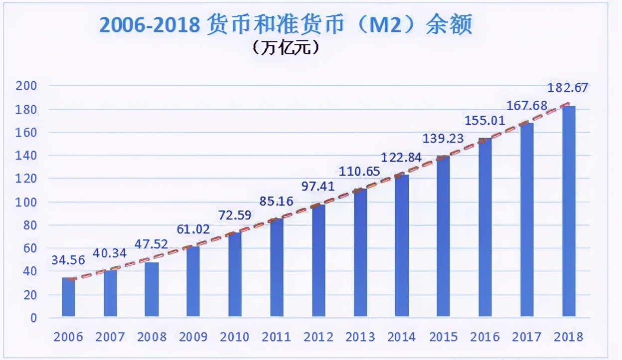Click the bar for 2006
(68, 297)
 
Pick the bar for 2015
(444, 236)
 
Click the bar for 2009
(193, 281)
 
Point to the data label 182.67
(568, 88)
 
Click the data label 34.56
(68, 260)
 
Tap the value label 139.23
(443, 139)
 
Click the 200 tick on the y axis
(27, 86)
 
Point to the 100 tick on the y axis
(27, 202)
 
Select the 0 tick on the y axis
(33, 318)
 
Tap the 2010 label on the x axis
(235, 337)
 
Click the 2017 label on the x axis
(527, 337)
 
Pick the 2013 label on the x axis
(360, 337)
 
